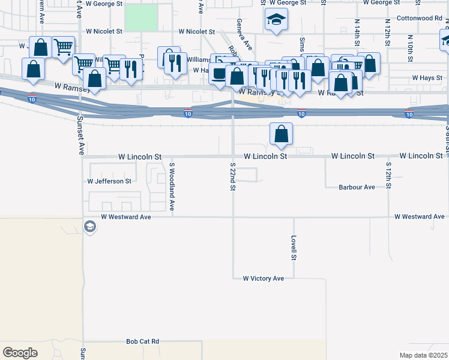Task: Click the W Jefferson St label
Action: (x=109, y=181)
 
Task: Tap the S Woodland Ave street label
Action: (x=172, y=186)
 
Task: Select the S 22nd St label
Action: (x=232, y=176)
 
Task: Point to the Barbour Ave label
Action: (x=357, y=187)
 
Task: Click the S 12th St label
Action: (x=389, y=175)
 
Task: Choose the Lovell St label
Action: (x=294, y=247)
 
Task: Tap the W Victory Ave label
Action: (x=263, y=279)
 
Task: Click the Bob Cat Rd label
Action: (x=143, y=341)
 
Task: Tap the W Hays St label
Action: (x=427, y=79)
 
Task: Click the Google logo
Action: (x=20, y=353)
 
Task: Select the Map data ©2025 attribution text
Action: (x=424, y=355)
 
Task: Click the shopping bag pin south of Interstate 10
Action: (x=281, y=134)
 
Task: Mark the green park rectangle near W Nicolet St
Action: (x=142, y=17)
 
